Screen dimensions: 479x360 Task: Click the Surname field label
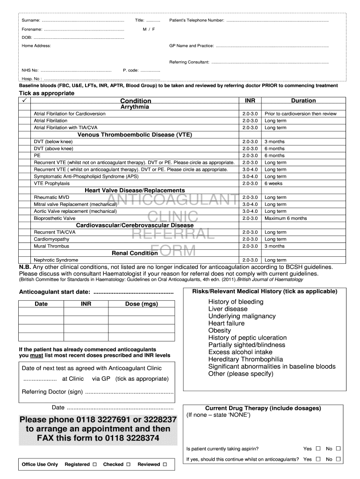[x=31, y=21]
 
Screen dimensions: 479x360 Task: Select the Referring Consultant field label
[x=189, y=62]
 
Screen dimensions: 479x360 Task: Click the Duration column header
[x=303, y=101]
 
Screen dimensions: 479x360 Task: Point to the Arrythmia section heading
[x=135, y=107]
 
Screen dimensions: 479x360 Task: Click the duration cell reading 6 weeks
[x=274, y=183]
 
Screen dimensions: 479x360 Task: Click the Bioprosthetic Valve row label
[x=55, y=218]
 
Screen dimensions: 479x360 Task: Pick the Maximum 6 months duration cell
[x=286, y=218]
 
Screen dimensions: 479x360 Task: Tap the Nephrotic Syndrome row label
[x=56, y=260]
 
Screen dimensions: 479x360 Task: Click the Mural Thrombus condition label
[x=51, y=246]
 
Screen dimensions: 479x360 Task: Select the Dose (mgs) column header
[x=142, y=304]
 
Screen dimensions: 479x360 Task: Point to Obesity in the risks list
[x=219, y=331]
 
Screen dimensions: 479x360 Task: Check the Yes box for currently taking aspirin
[x=318, y=449]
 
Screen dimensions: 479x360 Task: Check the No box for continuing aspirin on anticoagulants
[x=338, y=459]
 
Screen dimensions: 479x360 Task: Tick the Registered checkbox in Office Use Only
[x=94, y=464]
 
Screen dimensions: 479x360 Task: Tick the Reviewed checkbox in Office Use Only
[x=165, y=464]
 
